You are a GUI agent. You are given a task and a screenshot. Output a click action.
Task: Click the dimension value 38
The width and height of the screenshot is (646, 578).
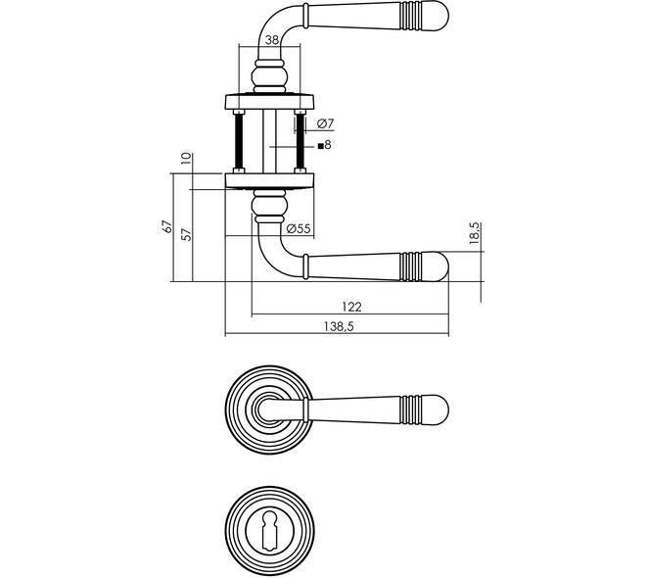272,40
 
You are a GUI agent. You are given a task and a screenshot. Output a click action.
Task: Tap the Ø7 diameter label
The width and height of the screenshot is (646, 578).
326,123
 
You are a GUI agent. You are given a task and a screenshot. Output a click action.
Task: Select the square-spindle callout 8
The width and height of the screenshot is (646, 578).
325,145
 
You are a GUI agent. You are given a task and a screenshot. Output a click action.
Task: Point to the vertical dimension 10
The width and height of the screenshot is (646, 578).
187,159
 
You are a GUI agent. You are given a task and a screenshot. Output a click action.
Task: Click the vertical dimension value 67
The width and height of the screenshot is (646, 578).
167,226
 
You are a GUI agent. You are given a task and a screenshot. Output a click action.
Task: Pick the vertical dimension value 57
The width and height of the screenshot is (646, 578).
187,234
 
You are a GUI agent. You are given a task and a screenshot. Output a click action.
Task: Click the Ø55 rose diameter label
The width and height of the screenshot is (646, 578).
299,228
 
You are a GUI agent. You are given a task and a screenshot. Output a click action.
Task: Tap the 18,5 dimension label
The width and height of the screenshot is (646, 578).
475,233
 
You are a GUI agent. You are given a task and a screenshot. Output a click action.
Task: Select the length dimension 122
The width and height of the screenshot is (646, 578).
351,307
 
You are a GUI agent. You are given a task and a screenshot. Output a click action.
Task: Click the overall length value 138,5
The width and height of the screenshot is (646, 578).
339,326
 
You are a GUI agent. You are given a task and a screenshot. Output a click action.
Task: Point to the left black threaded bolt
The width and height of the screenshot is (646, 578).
239,141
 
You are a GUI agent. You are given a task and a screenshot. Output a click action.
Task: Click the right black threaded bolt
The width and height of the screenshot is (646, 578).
300,141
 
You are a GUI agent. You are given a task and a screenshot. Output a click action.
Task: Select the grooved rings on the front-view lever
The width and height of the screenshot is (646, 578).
411,409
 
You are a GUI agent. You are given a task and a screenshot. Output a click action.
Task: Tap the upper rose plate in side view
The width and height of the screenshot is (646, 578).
269,102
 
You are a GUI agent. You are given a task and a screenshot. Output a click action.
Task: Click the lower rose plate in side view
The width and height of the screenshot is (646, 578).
269,181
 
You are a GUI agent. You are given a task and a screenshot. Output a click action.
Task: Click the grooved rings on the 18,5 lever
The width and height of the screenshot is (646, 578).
411,266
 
